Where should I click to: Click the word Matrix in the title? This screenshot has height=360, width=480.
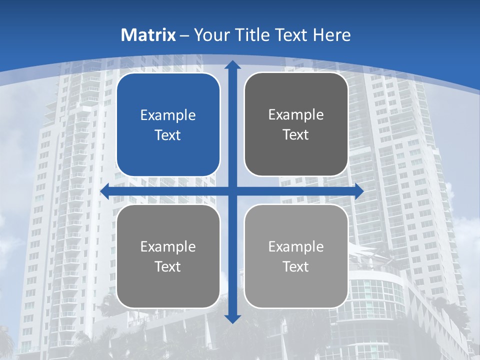click(148, 35)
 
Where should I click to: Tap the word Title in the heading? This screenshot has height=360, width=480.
click(252, 35)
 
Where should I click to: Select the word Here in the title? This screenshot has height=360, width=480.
click(332, 35)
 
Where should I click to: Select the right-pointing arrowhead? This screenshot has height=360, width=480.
click(358, 191)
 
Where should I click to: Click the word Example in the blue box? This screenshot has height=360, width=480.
click(168, 115)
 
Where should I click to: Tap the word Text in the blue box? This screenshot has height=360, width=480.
click(168, 135)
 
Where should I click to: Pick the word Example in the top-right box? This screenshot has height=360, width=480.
click(296, 115)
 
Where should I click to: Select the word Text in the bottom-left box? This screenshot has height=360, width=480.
click(168, 266)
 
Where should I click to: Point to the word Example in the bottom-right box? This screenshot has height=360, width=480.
click(296, 246)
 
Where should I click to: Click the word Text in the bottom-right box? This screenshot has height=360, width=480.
click(296, 266)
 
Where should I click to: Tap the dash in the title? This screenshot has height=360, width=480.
click(184, 35)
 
